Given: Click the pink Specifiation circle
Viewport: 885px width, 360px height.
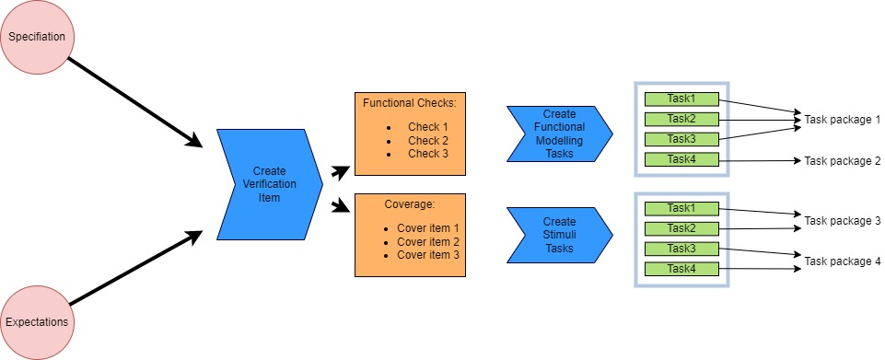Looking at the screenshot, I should (37, 37).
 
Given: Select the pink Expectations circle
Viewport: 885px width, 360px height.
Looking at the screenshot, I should (37, 322).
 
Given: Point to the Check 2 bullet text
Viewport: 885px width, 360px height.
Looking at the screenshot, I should (428, 140).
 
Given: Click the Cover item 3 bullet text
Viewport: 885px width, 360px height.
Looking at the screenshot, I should (427, 254).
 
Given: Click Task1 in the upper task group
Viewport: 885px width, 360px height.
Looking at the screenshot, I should (681, 99).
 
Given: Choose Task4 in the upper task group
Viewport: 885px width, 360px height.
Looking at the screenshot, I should (681, 159).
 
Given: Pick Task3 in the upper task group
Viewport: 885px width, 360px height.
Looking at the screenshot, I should (681, 139).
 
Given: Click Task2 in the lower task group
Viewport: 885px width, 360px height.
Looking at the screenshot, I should (681, 228).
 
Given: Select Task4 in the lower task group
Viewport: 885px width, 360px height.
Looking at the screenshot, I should (681, 269).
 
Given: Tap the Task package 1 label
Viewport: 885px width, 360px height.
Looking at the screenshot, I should (842, 120).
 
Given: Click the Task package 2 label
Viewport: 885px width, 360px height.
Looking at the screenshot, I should (842, 160).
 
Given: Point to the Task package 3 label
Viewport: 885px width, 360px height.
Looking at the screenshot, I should (842, 221).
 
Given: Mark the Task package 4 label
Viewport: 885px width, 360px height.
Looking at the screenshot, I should (842, 261).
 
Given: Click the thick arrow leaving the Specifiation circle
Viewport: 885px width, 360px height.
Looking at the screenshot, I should (134, 100).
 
